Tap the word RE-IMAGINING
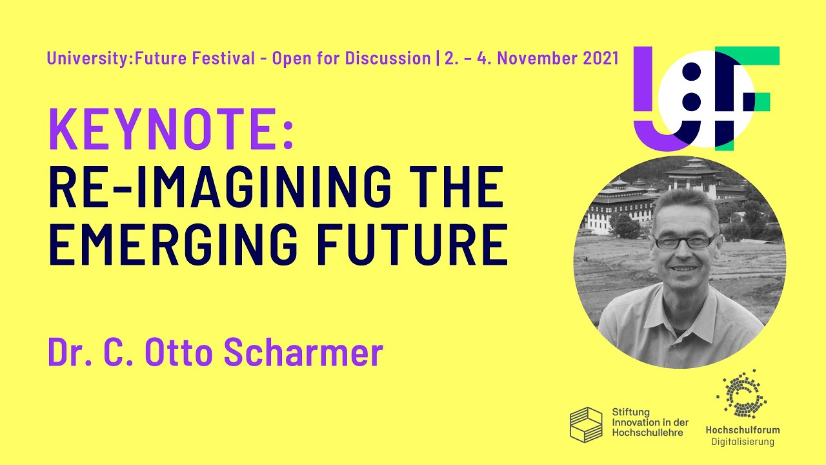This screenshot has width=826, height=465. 219,187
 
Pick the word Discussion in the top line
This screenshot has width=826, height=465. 388,58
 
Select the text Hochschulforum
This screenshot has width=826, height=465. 742,430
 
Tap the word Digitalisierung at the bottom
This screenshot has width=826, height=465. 742,442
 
